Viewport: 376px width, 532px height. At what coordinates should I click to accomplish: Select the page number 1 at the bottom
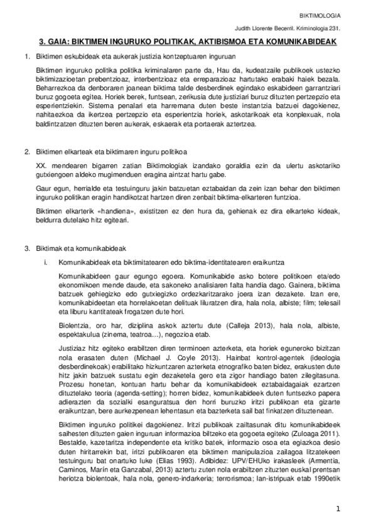pyautogui.click(x=338, y=509)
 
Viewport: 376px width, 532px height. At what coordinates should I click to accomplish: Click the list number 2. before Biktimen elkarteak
pyautogui.click(x=26, y=152)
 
